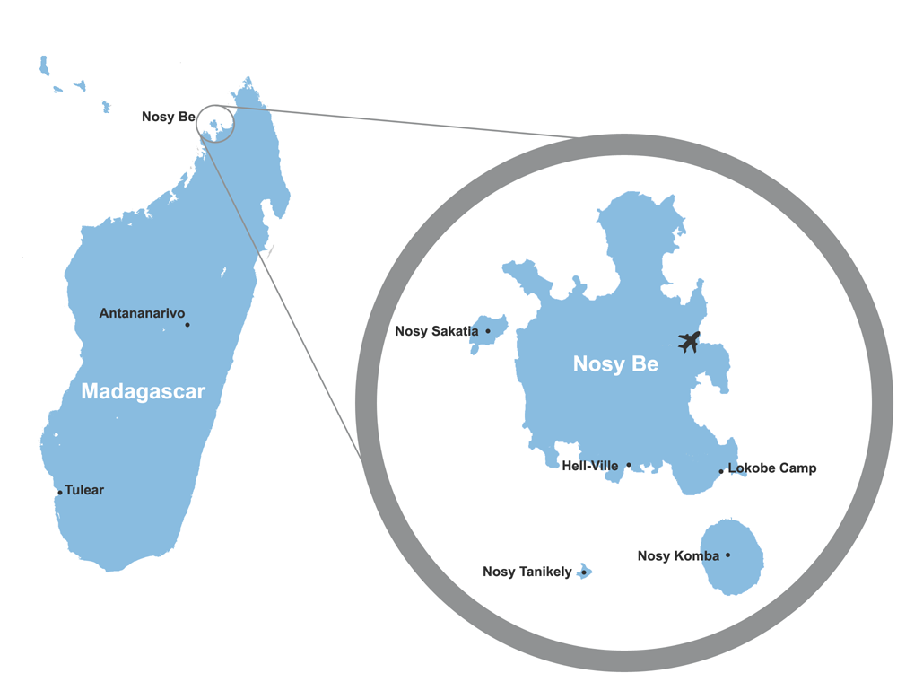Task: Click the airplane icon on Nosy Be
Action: click(689, 342)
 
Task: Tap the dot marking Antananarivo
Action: click(187, 325)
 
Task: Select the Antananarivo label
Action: click(142, 313)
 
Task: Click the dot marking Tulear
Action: click(60, 492)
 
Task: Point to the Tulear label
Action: click(84, 490)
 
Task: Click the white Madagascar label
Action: click(143, 391)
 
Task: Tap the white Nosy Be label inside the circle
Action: click(615, 364)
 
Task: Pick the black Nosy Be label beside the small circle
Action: click(168, 117)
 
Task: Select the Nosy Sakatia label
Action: click(437, 331)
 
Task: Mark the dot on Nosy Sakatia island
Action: click(488, 331)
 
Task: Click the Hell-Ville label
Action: click(589, 466)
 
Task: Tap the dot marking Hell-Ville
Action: click(629, 465)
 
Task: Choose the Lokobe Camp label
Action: click(772, 468)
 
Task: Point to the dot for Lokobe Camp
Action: click(721, 471)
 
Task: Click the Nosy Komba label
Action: click(678, 555)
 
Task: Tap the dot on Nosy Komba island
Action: click(727, 555)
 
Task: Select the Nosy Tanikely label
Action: click(527, 572)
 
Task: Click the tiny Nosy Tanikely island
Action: click(585, 571)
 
